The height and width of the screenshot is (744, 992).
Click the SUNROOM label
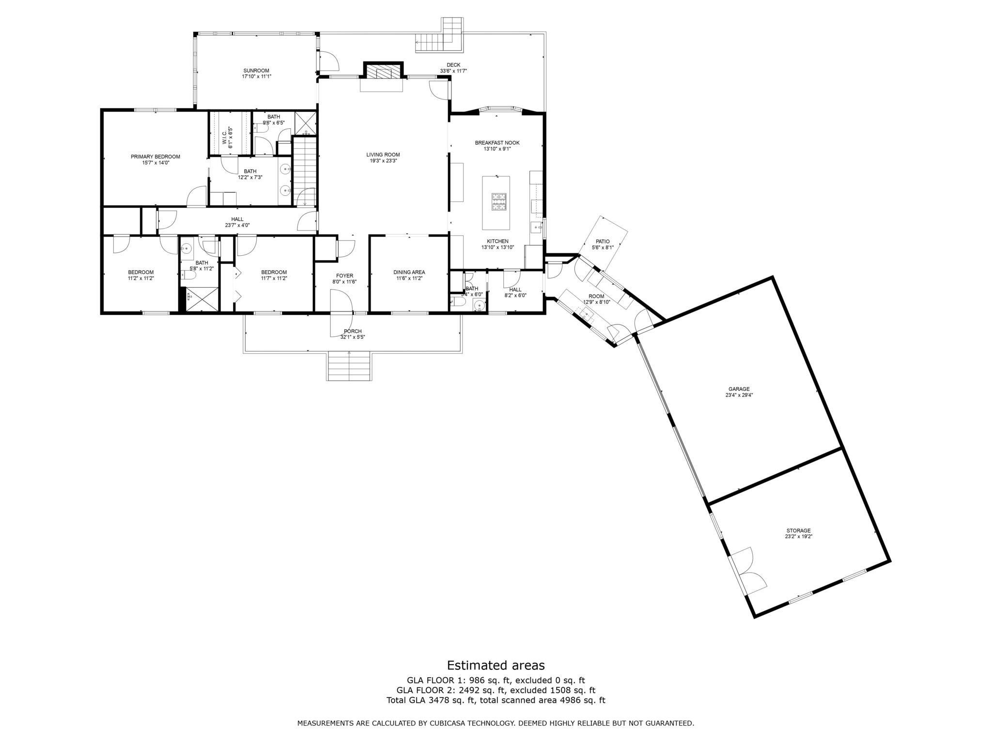point(256,71)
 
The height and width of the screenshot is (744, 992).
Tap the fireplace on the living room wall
point(383,73)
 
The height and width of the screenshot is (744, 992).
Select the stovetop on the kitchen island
point(498,202)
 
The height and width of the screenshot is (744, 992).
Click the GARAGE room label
point(739,389)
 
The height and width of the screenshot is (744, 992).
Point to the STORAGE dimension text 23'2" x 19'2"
point(798,537)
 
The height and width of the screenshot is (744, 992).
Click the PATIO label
point(603,241)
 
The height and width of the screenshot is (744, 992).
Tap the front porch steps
point(349,366)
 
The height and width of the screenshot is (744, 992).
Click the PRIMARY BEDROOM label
point(155,156)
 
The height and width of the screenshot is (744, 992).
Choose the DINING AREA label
point(409,272)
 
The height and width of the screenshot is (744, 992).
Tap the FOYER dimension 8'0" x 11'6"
point(344,282)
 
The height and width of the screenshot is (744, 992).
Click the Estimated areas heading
point(496,665)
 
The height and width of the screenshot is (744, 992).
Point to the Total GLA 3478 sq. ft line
point(496,700)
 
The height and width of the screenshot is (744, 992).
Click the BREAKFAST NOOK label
point(497,143)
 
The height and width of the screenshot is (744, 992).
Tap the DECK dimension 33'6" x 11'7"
point(453,71)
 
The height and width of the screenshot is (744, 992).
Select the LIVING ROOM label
point(383,155)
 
